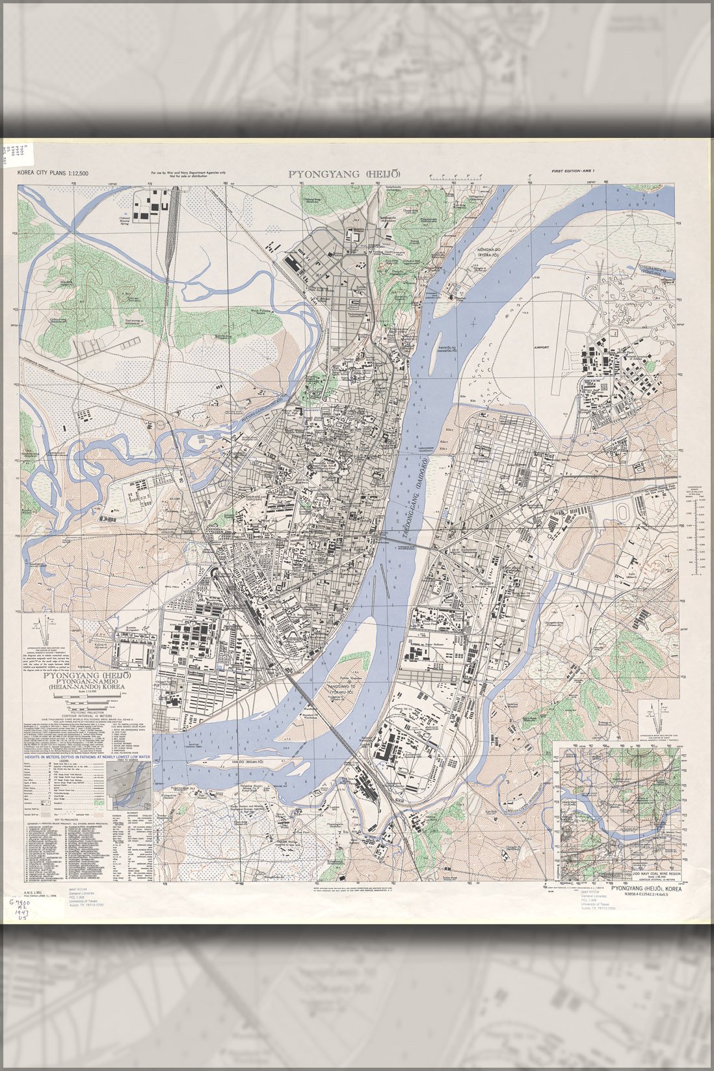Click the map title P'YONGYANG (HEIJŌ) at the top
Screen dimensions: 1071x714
pos(344,174)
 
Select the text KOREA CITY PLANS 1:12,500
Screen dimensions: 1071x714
pos(53,173)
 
